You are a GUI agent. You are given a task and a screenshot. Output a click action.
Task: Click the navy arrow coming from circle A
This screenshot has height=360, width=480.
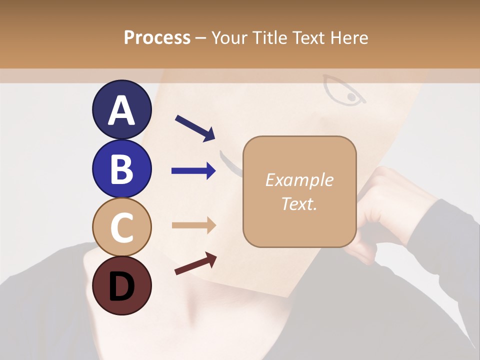[x=195, y=127]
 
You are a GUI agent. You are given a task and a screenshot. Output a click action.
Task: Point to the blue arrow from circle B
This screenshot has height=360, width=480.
[x=193, y=171]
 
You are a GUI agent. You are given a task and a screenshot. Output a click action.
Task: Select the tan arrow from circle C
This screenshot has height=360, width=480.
[x=193, y=225]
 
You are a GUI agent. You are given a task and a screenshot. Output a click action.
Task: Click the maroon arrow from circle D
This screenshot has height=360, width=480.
[x=195, y=263]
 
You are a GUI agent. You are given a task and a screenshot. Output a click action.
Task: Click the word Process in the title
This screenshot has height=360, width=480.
[x=157, y=37]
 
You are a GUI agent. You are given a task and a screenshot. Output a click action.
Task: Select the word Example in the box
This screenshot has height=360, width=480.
[x=299, y=180]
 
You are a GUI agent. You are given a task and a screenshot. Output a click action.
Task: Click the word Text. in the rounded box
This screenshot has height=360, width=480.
[x=299, y=203]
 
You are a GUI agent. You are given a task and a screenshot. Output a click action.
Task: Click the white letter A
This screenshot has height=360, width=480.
[x=121, y=110]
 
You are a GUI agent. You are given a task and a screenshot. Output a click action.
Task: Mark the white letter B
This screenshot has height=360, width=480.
[x=121, y=169]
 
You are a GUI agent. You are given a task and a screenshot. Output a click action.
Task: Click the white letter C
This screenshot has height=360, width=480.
[x=121, y=227]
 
